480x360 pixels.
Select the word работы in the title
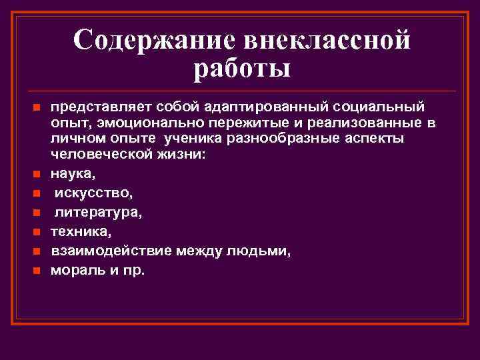click(243, 69)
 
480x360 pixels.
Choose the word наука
click(72, 174)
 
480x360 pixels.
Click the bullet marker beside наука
click(37, 175)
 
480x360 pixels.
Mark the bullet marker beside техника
click(37, 233)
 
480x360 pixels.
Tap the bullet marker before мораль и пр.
click(37, 271)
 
